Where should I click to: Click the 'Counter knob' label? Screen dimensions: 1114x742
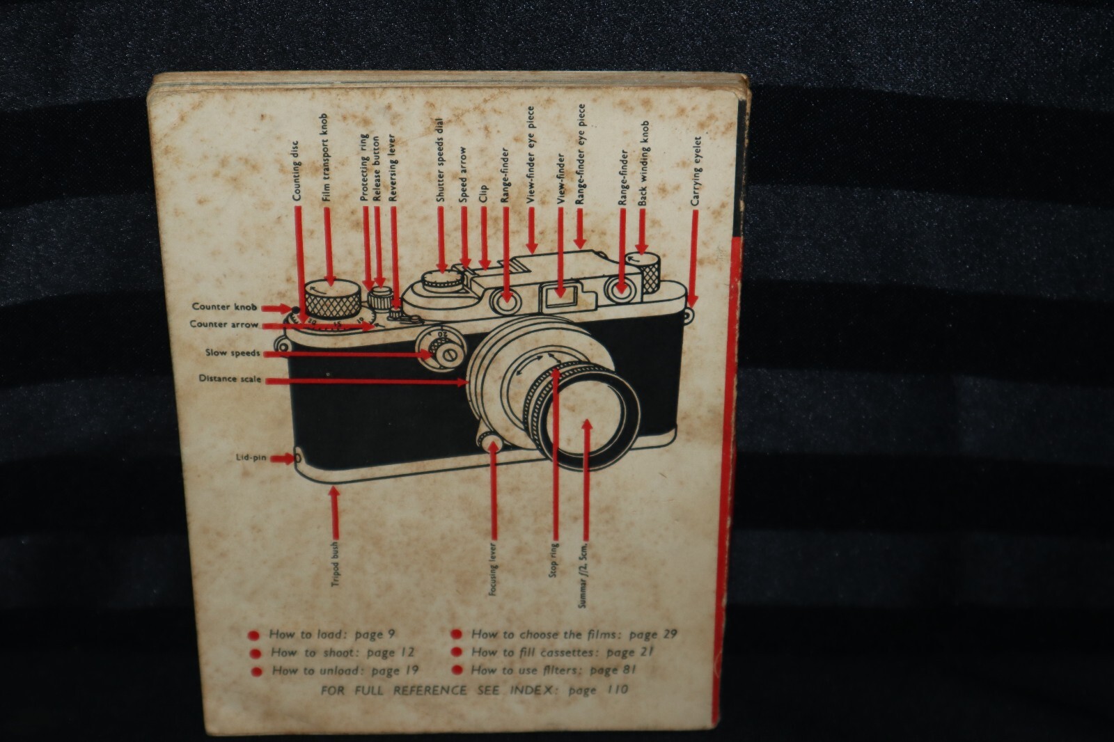click(x=224, y=306)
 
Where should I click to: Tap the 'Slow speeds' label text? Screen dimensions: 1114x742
click(x=233, y=353)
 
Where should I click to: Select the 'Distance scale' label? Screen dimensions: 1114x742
click(x=230, y=379)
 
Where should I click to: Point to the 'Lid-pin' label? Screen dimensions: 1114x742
click(x=252, y=458)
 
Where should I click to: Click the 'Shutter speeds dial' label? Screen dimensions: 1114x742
click(x=440, y=161)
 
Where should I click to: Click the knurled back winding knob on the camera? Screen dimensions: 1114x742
click(x=647, y=270)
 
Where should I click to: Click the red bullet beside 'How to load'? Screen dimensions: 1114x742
click(x=255, y=635)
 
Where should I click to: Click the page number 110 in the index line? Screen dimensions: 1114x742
click(x=613, y=690)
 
